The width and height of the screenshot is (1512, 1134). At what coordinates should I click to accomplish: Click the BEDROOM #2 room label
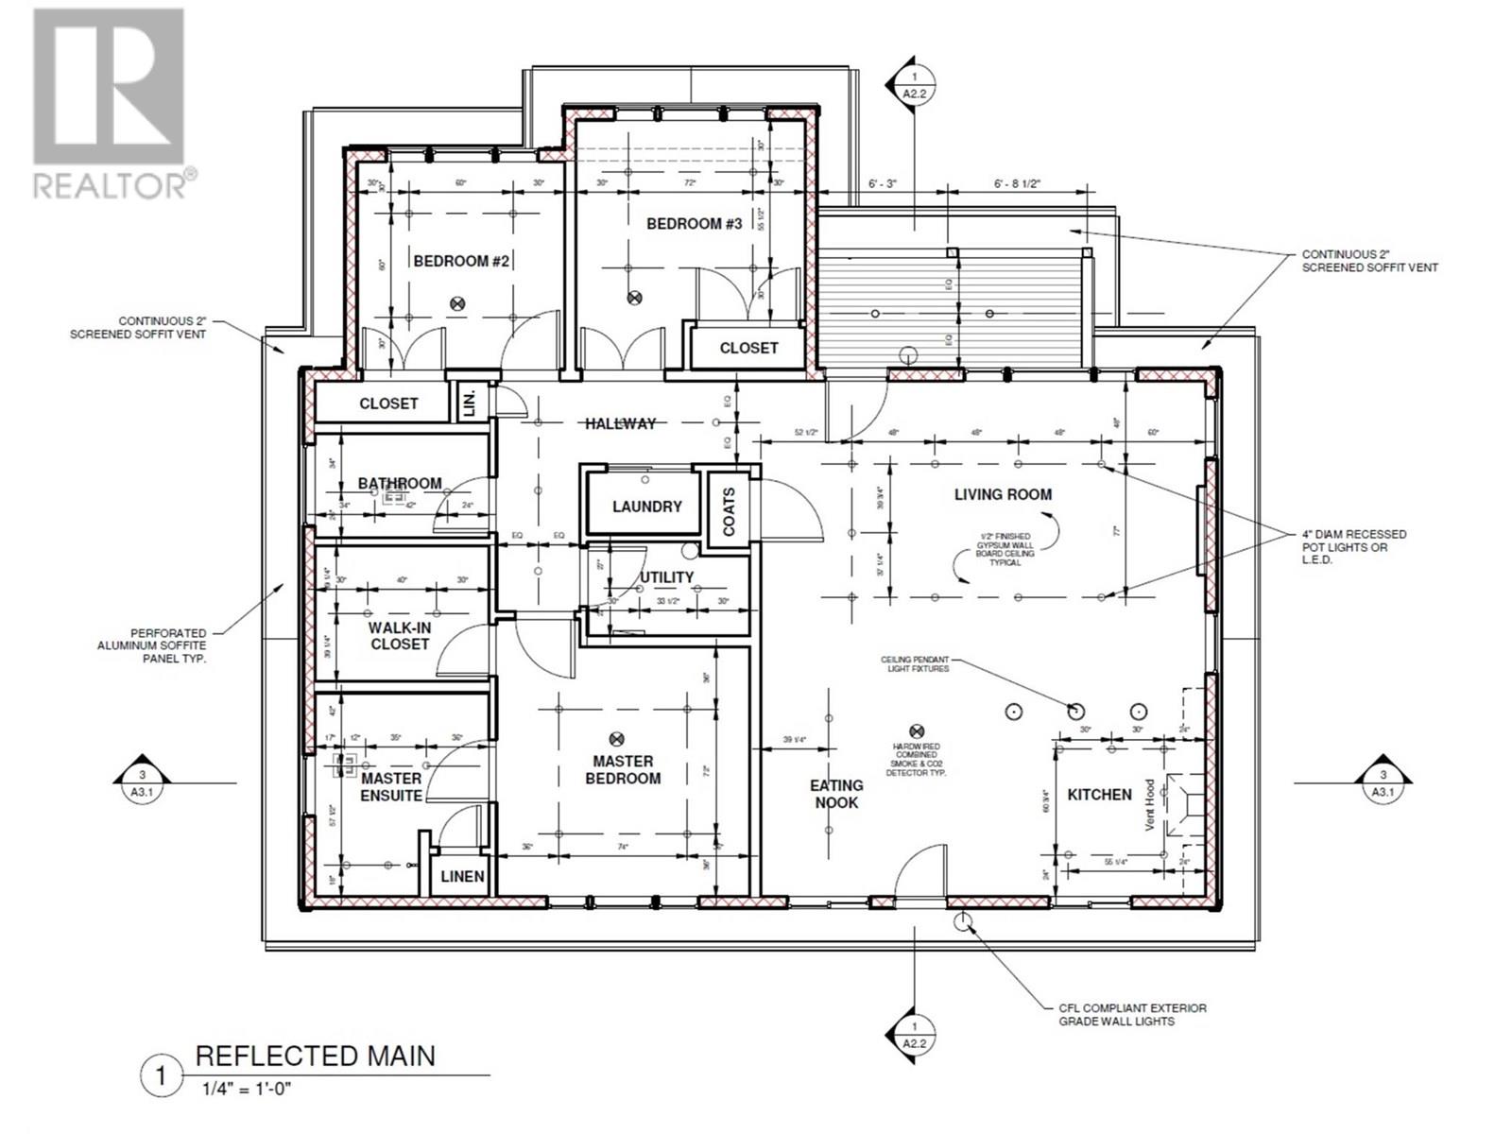pos(461,261)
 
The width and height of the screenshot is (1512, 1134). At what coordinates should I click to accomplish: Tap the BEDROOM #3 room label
pos(694,224)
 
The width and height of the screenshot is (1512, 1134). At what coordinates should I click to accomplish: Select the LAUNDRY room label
pos(646,507)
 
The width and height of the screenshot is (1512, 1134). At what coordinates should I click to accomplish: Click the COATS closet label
pos(729,511)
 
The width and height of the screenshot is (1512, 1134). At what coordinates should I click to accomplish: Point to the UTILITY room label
pos(667,577)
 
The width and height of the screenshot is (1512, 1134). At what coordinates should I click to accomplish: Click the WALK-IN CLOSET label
pos(399,634)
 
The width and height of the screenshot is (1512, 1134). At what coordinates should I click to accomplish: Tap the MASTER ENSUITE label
pos(391,786)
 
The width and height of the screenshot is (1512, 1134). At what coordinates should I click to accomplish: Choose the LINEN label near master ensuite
pos(462,876)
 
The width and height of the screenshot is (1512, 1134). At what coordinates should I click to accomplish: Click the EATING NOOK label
pos(836,794)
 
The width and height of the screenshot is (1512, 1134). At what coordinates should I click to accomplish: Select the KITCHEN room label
pos(1099,795)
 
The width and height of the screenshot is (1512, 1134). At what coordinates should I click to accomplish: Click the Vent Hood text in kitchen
pos(1150,804)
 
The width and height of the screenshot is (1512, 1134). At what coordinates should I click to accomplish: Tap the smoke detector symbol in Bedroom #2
pos(458,303)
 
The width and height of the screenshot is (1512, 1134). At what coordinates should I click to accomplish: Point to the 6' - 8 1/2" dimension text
pos(1017,184)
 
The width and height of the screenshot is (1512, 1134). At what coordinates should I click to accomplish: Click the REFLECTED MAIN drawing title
pos(315,1056)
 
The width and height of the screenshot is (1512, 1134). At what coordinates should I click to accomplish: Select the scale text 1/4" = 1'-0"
pos(247,1089)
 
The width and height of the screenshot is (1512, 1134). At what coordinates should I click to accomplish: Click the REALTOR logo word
pos(111,184)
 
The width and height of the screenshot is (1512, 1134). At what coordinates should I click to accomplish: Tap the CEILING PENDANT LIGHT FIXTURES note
pos(915,664)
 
